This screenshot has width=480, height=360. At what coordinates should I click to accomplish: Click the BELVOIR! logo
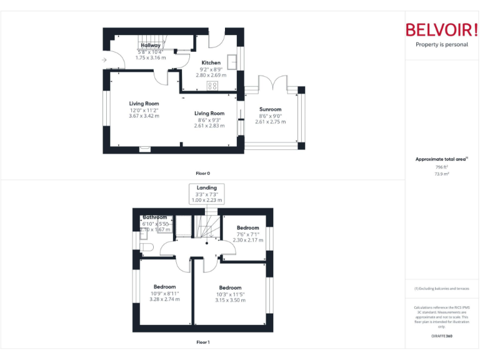point(441,29)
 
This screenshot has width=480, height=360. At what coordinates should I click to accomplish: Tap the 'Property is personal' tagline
point(441,45)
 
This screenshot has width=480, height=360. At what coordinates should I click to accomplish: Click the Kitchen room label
point(211,63)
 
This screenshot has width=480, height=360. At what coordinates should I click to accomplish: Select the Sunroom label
point(270,109)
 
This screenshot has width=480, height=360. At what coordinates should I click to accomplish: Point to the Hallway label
point(150,46)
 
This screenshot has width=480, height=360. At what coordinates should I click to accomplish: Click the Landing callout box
point(206,194)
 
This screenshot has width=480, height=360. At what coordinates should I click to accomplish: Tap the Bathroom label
point(154,217)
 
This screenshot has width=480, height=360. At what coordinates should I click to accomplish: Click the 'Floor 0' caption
point(202,173)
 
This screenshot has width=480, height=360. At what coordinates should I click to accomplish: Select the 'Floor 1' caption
point(202,342)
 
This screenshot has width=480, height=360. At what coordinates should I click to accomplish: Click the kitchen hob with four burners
point(212,86)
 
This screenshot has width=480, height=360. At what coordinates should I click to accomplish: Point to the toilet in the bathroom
point(146,247)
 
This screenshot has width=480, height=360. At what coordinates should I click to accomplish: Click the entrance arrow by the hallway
point(104,60)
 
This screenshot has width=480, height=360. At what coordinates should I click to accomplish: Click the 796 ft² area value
point(441,167)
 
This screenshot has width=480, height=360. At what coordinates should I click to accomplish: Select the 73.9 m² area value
point(441,174)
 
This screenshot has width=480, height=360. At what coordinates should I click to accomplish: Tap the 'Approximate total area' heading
point(441,159)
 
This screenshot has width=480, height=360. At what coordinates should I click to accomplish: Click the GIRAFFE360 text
point(441,336)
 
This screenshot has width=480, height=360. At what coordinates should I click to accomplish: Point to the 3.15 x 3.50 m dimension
point(231,301)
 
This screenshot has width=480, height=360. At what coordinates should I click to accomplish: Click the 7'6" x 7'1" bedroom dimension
point(247,234)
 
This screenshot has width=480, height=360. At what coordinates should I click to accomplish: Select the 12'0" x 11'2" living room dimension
point(144,110)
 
